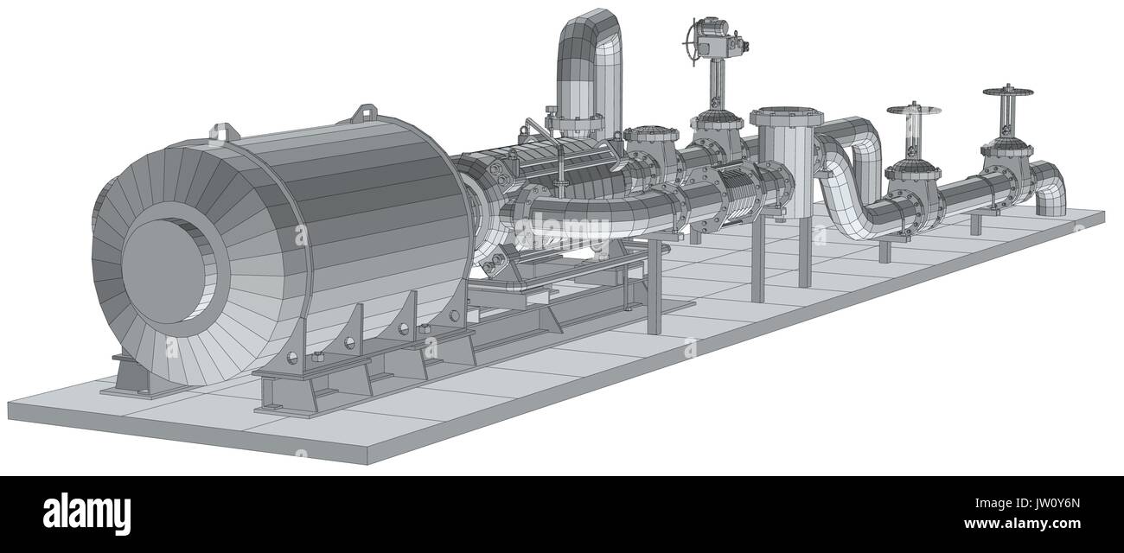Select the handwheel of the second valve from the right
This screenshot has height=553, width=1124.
(913, 110)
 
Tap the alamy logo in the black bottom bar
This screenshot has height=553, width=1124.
(86, 513)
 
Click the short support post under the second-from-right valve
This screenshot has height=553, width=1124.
(884, 251)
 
